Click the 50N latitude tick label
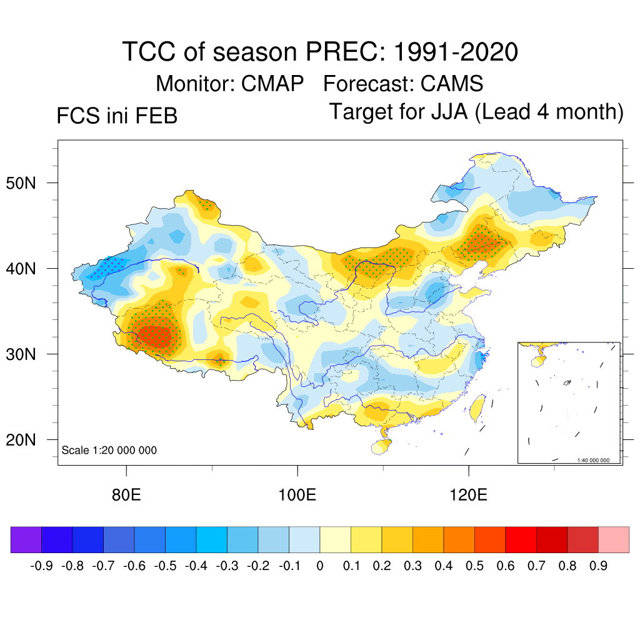(x=28, y=184)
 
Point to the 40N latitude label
(x=28, y=269)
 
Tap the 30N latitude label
(x=28, y=354)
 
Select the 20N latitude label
(x=28, y=440)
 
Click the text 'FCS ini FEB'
(x=117, y=116)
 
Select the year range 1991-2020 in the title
(x=456, y=52)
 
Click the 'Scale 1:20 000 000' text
(x=109, y=450)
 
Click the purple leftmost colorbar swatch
(x=26, y=540)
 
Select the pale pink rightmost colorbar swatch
(x=614, y=540)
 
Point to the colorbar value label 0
(x=320, y=566)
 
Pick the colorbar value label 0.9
(x=599, y=566)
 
